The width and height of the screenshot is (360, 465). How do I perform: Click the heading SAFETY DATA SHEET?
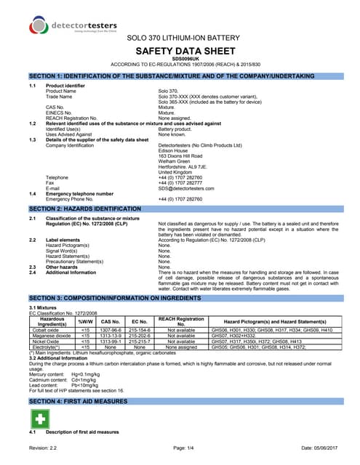coord(179,52)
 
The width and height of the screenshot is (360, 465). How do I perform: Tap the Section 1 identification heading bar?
coord(180,76)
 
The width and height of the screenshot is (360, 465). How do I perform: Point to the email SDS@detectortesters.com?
coord(191,168)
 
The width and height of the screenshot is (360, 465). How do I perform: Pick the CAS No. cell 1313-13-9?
coord(110,335)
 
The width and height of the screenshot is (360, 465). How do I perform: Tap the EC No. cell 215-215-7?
coord(138,341)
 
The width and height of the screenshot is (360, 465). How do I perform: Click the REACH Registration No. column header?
coord(181,320)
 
